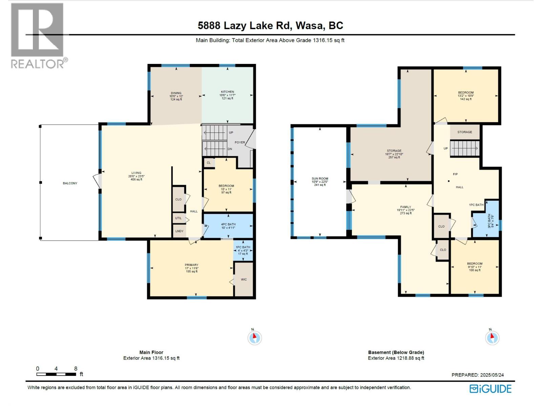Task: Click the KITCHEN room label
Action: (x=227, y=92)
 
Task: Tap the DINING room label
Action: (x=176, y=93)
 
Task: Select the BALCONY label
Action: (x=70, y=183)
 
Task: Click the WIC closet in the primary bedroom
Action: (x=244, y=279)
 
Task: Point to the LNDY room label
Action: (x=179, y=231)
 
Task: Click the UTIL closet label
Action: (x=178, y=219)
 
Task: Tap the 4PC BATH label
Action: (x=228, y=224)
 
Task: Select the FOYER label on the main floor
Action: (x=240, y=142)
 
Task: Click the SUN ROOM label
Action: (x=320, y=179)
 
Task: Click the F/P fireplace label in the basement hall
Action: (x=455, y=174)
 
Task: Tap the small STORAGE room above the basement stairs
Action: (x=464, y=132)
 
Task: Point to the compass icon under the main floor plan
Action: (x=254, y=337)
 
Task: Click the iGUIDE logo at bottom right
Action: (x=490, y=389)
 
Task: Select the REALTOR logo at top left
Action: (x=38, y=36)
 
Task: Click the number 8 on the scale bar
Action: (x=76, y=368)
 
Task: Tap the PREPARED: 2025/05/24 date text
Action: (x=477, y=375)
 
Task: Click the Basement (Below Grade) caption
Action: (x=396, y=352)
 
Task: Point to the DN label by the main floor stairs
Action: (x=230, y=149)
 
